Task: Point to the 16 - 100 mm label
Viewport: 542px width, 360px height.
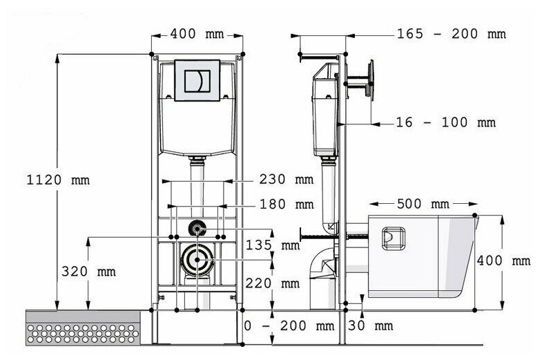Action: click(x=446, y=122)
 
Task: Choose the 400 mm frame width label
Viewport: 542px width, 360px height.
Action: click(x=197, y=33)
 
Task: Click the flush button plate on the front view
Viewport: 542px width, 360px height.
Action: click(x=197, y=81)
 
